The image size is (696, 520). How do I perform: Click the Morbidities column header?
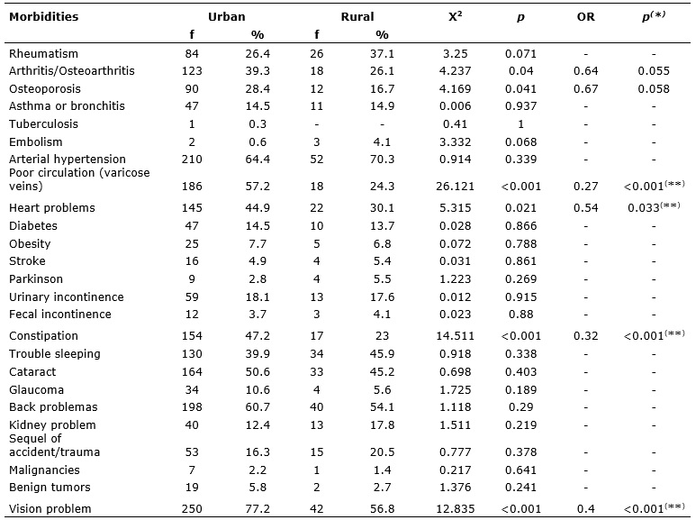43,17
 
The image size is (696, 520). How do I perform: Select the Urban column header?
226,17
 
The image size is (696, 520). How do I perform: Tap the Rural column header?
357,17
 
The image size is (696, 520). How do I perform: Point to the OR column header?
585,17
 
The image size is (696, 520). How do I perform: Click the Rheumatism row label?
43,54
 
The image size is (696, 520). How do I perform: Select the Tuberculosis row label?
43,124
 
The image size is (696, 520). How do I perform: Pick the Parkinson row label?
36,279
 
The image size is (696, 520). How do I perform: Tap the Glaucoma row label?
36,390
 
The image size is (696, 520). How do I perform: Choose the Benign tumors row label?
50,488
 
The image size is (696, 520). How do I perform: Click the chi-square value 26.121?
455,187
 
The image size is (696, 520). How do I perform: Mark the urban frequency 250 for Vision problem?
192,508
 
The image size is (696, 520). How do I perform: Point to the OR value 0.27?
585,187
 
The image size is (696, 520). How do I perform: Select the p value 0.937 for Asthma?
520,106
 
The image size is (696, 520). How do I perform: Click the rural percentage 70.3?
382,160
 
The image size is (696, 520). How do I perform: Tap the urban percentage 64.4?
258,160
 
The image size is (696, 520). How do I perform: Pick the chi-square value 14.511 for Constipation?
455,336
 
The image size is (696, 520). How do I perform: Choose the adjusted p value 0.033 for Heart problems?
654,207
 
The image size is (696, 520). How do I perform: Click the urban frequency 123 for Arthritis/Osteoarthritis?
192,71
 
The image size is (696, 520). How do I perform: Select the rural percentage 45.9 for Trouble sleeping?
382,354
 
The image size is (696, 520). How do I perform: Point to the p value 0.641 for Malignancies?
520,470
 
